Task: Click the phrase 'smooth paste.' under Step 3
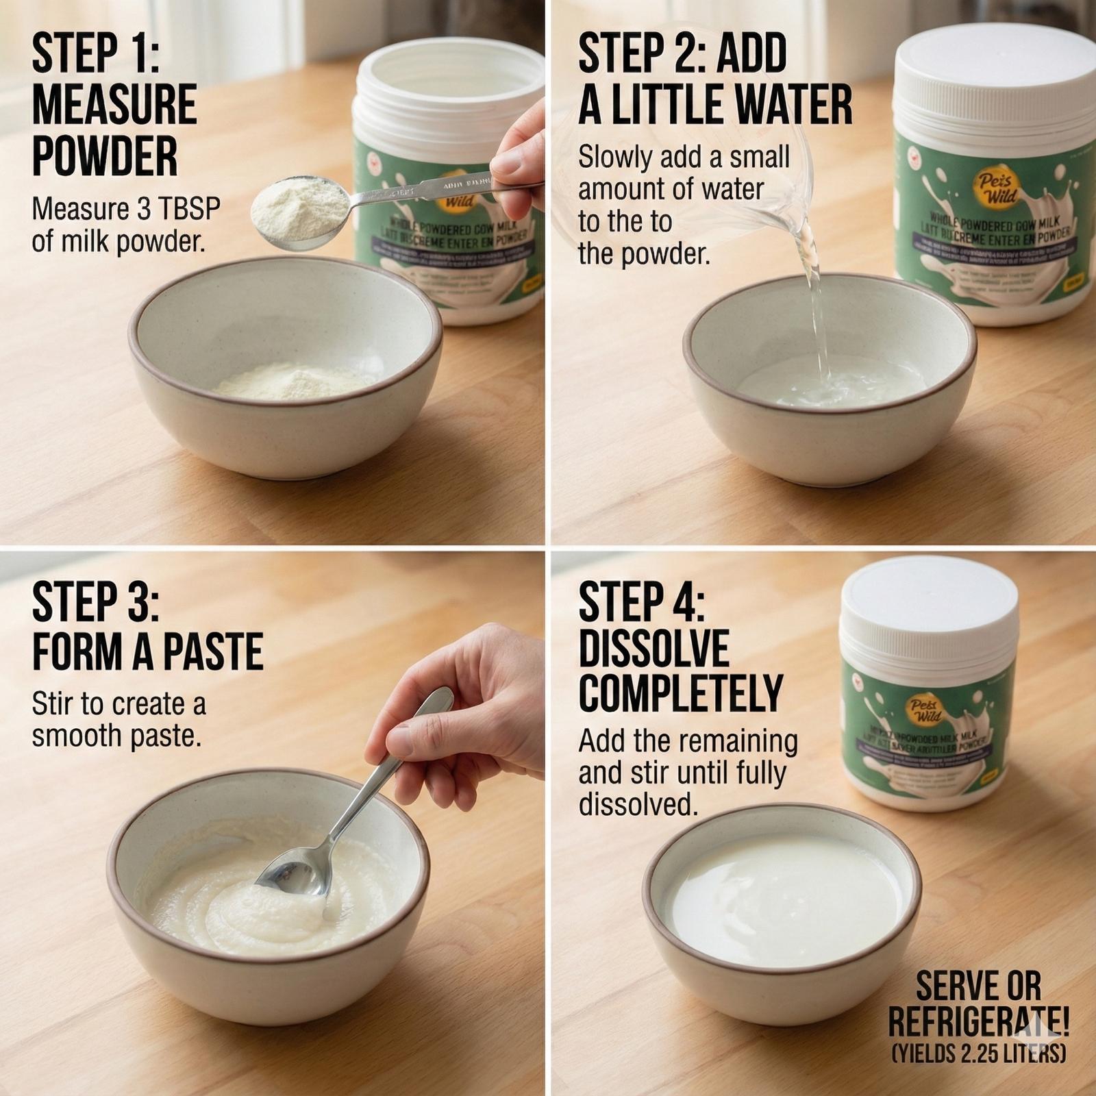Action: click(116, 736)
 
